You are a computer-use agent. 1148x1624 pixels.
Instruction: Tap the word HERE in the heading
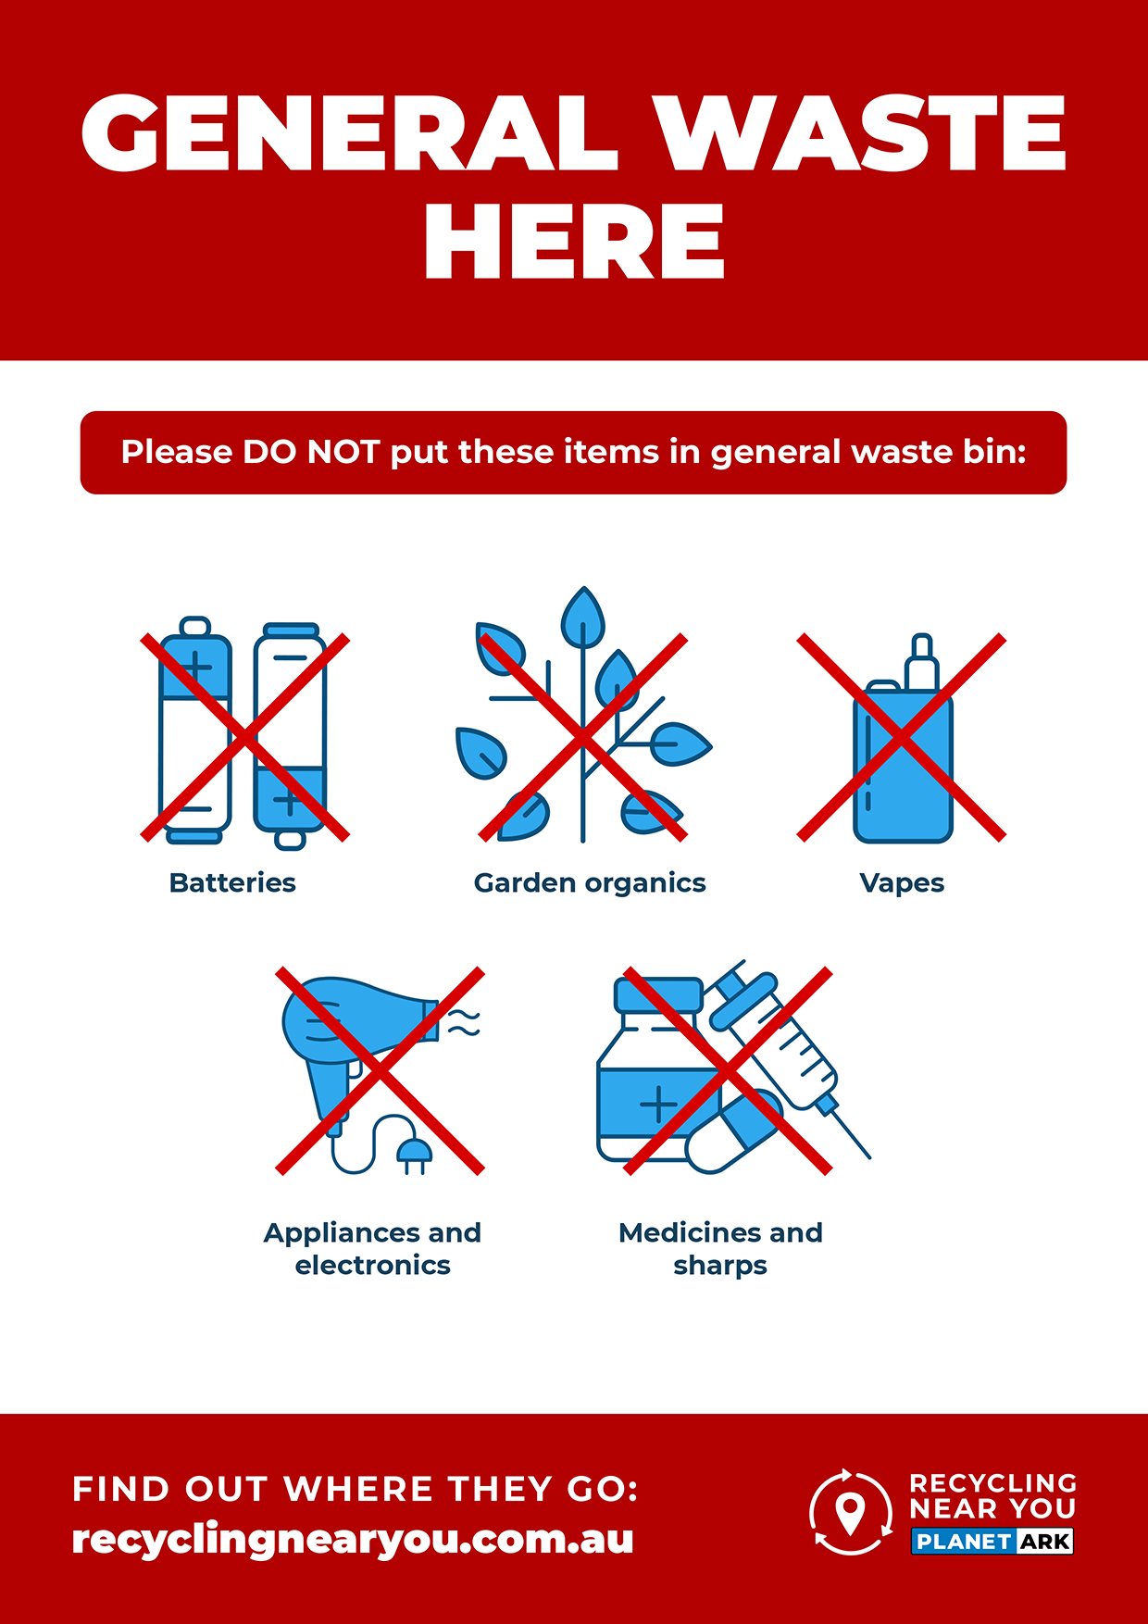click(x=574, y=242)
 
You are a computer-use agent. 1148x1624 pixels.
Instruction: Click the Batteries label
click(x=232, y=883)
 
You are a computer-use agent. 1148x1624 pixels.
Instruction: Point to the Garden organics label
click(x=590, y=884)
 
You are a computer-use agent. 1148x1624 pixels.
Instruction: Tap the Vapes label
click(x=902, y=884)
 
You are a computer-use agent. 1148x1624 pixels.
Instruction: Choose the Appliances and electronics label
click(x=372, y=1249)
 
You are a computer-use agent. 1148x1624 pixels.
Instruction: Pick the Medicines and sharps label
click(x=720, y=1249)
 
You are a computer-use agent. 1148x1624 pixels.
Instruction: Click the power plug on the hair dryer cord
click(x=414, y=1154)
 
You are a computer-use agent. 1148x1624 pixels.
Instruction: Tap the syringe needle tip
click(x=868, y=1156)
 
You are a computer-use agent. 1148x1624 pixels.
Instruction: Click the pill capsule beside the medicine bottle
click(x=734, y=1131)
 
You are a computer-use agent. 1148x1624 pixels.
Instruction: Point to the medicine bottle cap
click(x=659, y=994)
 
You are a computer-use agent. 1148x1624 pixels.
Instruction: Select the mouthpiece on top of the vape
click(x=921, y=662)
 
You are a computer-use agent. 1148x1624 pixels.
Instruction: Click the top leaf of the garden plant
click(x=582, y=617)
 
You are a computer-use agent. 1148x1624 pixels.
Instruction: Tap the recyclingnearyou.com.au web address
click(x=353, y=1539)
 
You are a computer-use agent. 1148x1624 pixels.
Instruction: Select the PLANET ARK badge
click(x=992, y=1542)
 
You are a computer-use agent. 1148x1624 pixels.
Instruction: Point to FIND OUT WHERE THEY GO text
click(x=356, y=1489)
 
